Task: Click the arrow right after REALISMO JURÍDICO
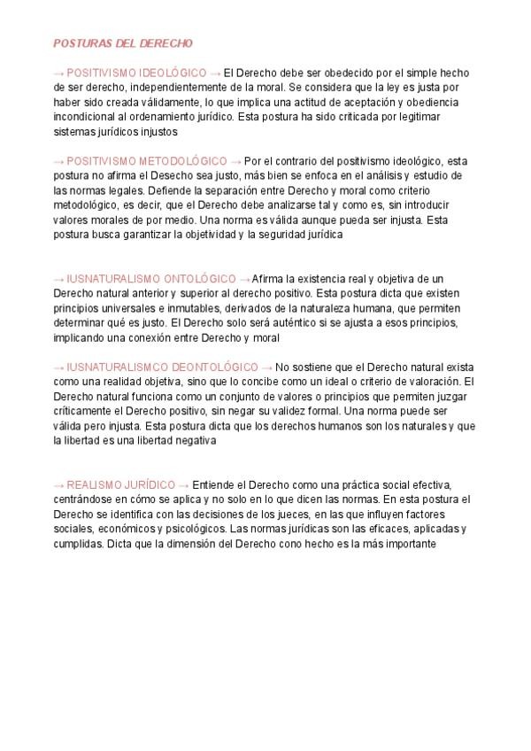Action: (x=183, y=484)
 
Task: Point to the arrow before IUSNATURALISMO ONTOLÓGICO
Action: (x=58, y=278)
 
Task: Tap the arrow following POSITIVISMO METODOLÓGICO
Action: (x=235, y=161)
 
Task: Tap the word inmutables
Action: (x=187, y=307)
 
